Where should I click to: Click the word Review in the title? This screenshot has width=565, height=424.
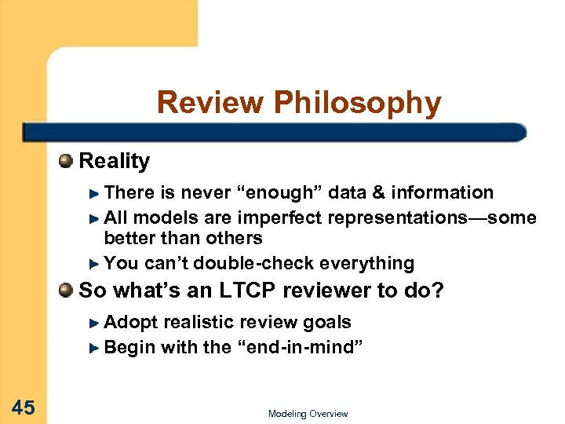[x=210, y=103]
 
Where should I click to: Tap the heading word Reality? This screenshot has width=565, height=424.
[x=115, y=162]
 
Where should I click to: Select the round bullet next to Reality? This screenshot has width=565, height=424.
[x=66, y=162]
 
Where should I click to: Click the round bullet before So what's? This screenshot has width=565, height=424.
[x=66, y=291]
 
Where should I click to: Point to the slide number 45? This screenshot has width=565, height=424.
[x=24, y=407]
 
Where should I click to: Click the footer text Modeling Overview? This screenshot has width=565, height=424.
[x=308, y=414]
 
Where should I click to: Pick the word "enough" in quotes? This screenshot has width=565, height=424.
[x=281, y=192]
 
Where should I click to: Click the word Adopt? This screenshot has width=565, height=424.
[x=130, y=322]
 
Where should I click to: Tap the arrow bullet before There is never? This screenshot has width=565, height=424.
[x=95, y=193]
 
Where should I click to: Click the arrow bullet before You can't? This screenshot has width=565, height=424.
[x=95, y=264]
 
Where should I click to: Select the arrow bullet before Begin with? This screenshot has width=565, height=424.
[x=95, y=348]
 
